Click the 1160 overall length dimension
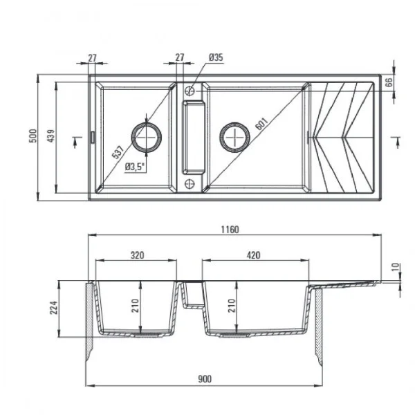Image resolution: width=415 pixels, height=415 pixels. pyautogui.click(x=231, y=230)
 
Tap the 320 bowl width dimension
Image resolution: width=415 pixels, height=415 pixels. pyautogui.click(x=136, y=255)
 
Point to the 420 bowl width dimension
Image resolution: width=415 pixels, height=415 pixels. pyautogui.click(x=252, y=255)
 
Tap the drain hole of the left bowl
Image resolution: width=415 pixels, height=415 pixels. pyautogui.click(x=147, y=136)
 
